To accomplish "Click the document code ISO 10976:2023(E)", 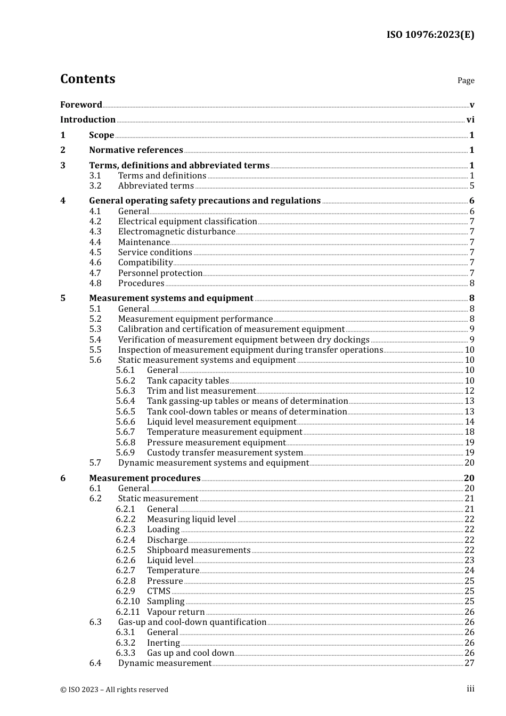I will [x=430, y=35].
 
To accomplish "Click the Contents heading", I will [x=87, y=79].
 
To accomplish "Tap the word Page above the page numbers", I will [x=466, y=80].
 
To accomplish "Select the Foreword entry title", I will [x=81, y=105].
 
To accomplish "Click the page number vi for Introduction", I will [x=470, y=120].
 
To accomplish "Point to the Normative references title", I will [x=136, y=150].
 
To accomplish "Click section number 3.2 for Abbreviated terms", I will [x=95, y=186].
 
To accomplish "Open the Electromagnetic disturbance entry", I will [x=176, y=232].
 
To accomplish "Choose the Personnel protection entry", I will [x=160, y=273].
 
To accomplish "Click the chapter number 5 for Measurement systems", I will [x=63, y=298].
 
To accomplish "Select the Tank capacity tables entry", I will [x=187, y=381].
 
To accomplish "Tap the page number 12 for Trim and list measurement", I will [x=469, y=391].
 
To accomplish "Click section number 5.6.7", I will [x=126, y=432].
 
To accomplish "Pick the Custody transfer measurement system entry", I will [x=225, y=453].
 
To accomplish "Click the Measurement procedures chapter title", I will [x=144, y=478].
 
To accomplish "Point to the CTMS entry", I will [x=159, y=591].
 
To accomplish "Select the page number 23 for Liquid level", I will [x=469, y=560].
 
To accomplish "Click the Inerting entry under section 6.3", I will [x=163, y=643].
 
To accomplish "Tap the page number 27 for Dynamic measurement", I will [x=469, y=663].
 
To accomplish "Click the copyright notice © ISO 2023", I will [x=114, y=689].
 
